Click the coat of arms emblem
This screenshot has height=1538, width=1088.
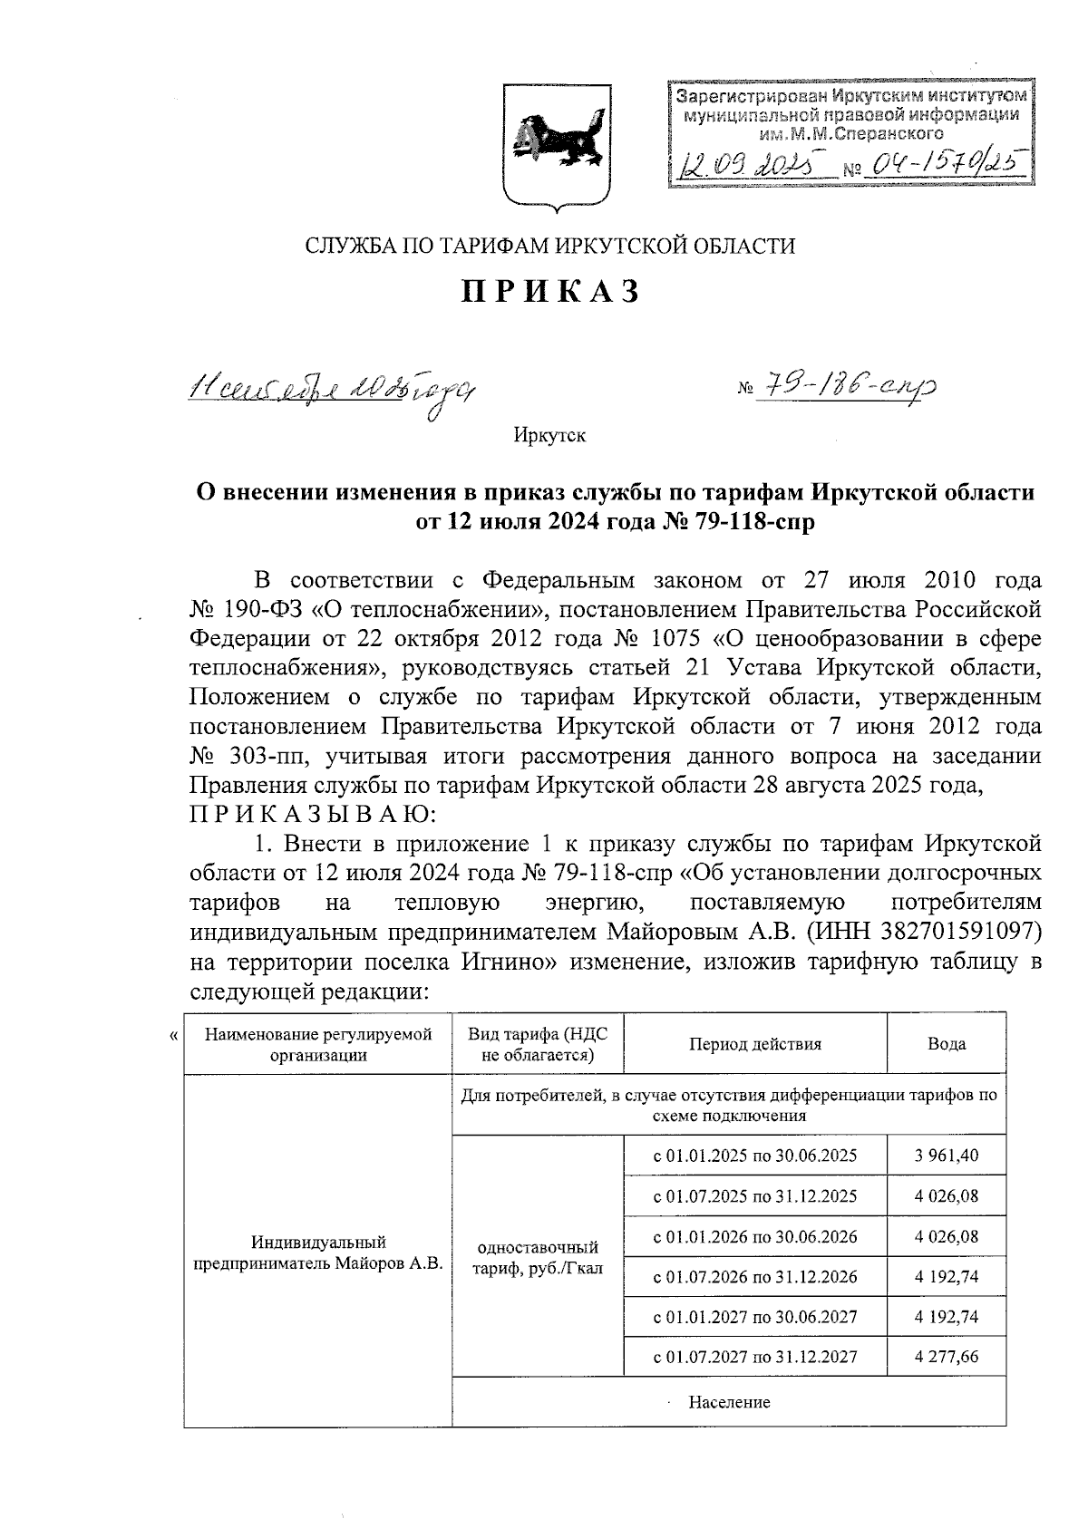tap(555, 149)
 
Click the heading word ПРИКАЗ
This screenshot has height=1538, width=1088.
tap(551, 291)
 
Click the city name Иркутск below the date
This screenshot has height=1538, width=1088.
tap(549, 436)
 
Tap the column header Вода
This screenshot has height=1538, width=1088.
tap(946, 1043)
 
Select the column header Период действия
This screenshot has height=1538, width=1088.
tap(754, 1043)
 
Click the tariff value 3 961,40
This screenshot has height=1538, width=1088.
tap(946, 1156)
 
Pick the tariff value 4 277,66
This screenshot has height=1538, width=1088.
tap(946, 1357)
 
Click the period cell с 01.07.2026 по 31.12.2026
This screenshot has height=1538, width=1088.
tap(755, 1277)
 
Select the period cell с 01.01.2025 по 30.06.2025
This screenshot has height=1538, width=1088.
tap(755, 1156)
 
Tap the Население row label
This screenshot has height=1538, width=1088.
tap(729, 1402)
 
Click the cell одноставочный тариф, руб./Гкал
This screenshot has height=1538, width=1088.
tap(538, 1257)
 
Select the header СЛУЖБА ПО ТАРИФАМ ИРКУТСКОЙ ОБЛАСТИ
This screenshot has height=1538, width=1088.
tap(550, 246)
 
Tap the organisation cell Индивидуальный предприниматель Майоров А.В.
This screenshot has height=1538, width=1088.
tap(319, 1252)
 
